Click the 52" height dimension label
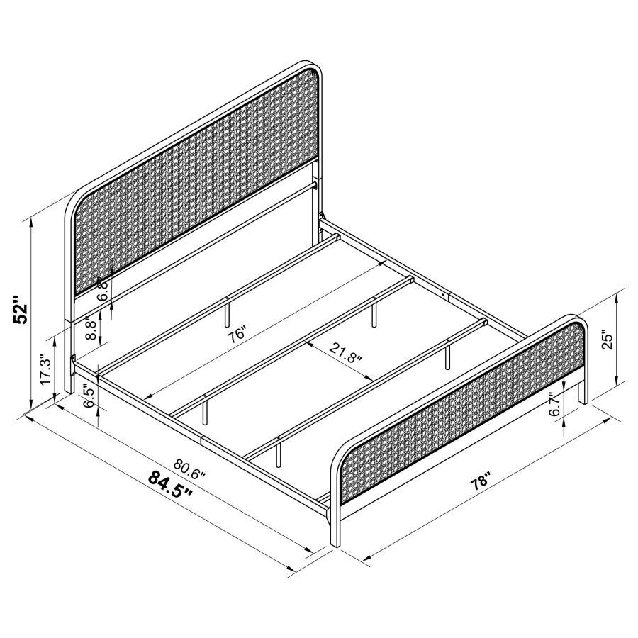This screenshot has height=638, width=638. [x=23, y=309]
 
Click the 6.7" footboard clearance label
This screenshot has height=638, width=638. [x=554, y=405]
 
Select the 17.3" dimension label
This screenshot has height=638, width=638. [x=46, y=370]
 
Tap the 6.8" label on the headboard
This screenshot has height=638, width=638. [x=103, y=290]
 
